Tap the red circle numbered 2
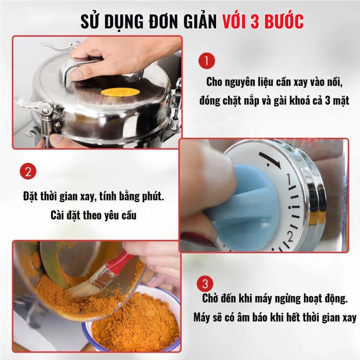tap(28, 171)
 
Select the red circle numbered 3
tap(205, 284)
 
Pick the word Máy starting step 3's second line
tap(201, 318)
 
